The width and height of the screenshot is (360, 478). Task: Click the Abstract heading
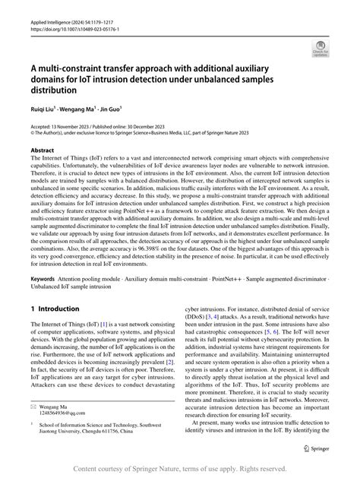click(x=43, y=150)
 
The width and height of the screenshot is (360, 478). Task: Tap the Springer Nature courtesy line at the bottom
click(x=180, y=468)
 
